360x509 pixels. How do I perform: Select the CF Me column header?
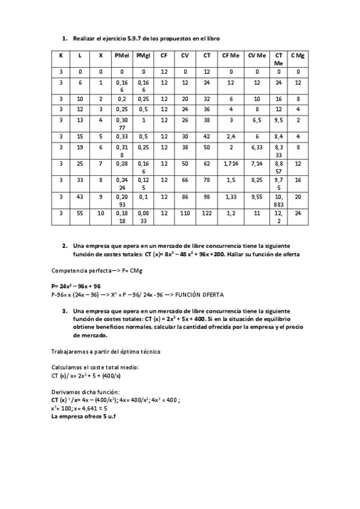[231, 56]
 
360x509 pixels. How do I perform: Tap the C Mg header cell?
[298, 56]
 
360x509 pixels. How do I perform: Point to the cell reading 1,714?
[231, 163]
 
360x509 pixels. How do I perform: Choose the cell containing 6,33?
[257, 146]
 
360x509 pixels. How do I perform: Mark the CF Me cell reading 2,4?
[231, 136]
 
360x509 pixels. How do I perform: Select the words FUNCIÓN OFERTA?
[200, 295]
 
